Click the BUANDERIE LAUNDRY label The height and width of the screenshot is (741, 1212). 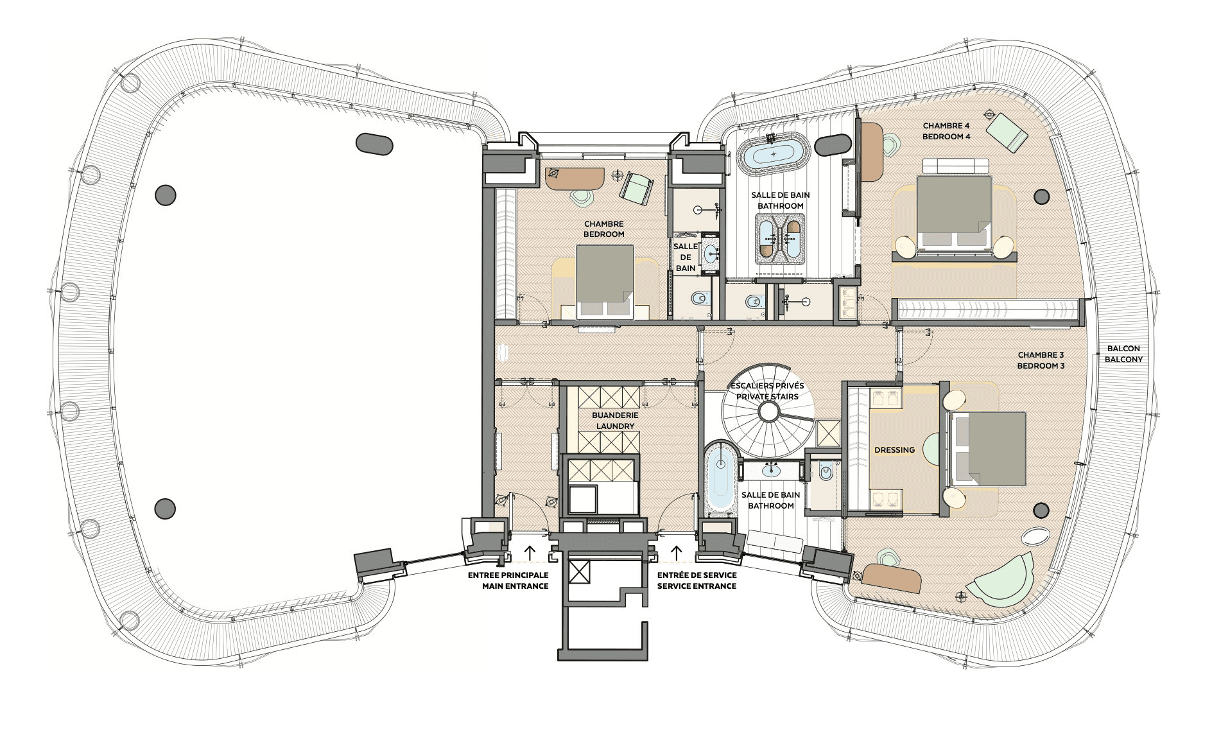615,421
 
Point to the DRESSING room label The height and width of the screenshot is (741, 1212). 894,450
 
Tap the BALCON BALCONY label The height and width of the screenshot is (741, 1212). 1123,354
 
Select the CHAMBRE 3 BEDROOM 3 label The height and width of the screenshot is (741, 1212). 1041,360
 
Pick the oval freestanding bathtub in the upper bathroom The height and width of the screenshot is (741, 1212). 774,155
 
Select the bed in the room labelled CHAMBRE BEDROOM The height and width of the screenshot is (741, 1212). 605,282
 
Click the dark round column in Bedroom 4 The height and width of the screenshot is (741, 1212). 1041,196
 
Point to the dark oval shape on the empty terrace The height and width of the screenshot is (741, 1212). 374,144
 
